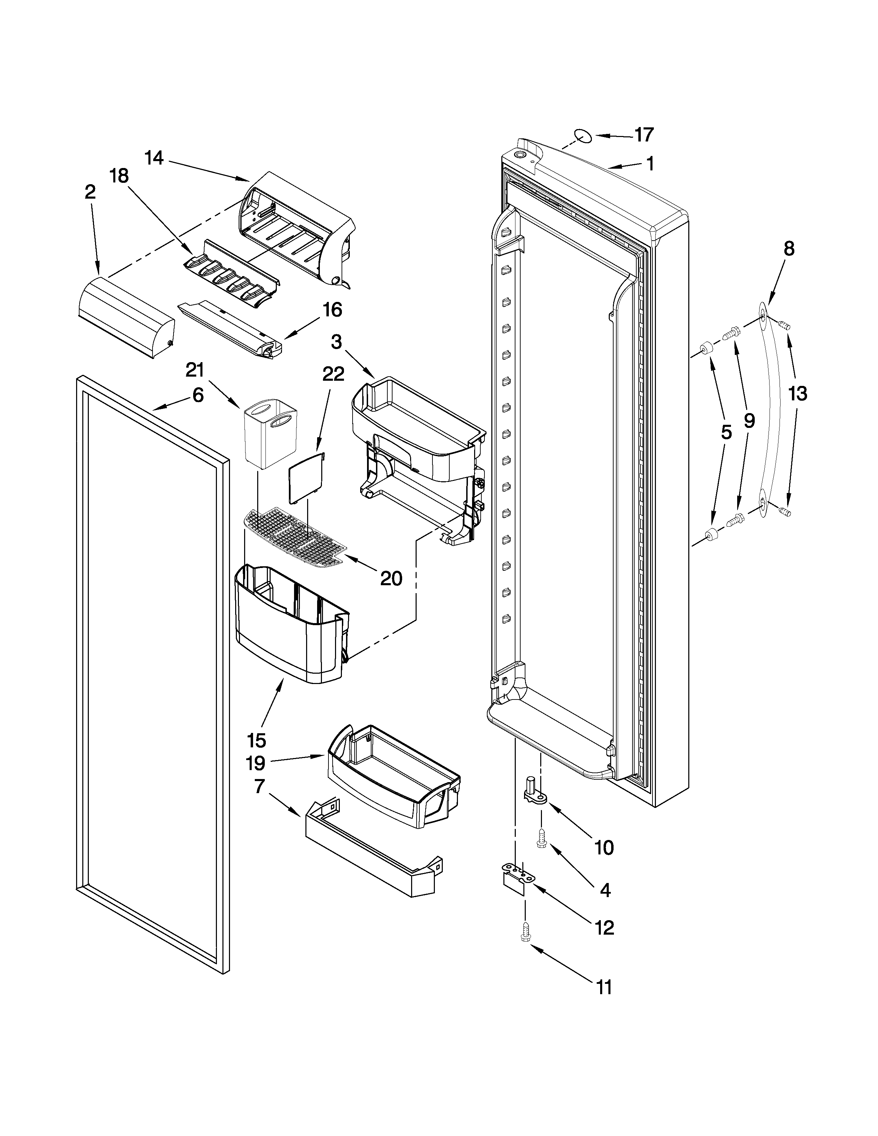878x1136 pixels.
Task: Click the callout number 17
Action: coord(644,135)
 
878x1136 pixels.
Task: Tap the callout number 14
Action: coord(154,158)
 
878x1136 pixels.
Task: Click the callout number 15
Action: coord(257,740)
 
